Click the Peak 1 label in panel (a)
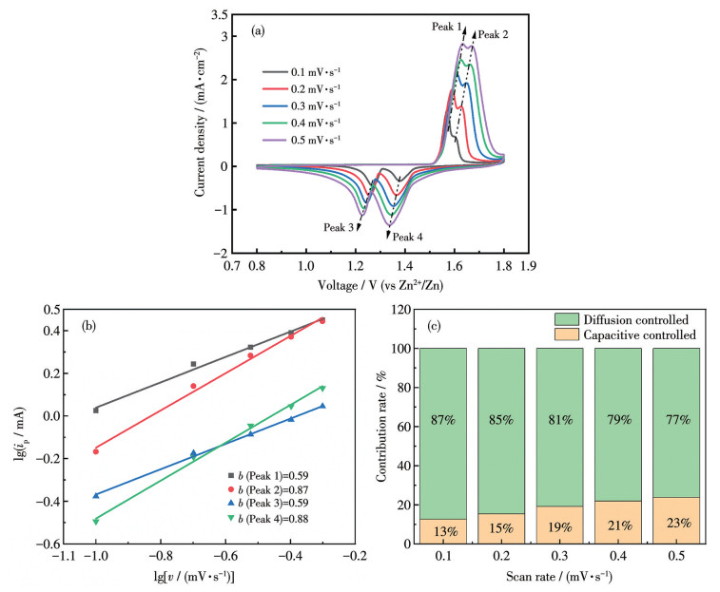tap(444, 27)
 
